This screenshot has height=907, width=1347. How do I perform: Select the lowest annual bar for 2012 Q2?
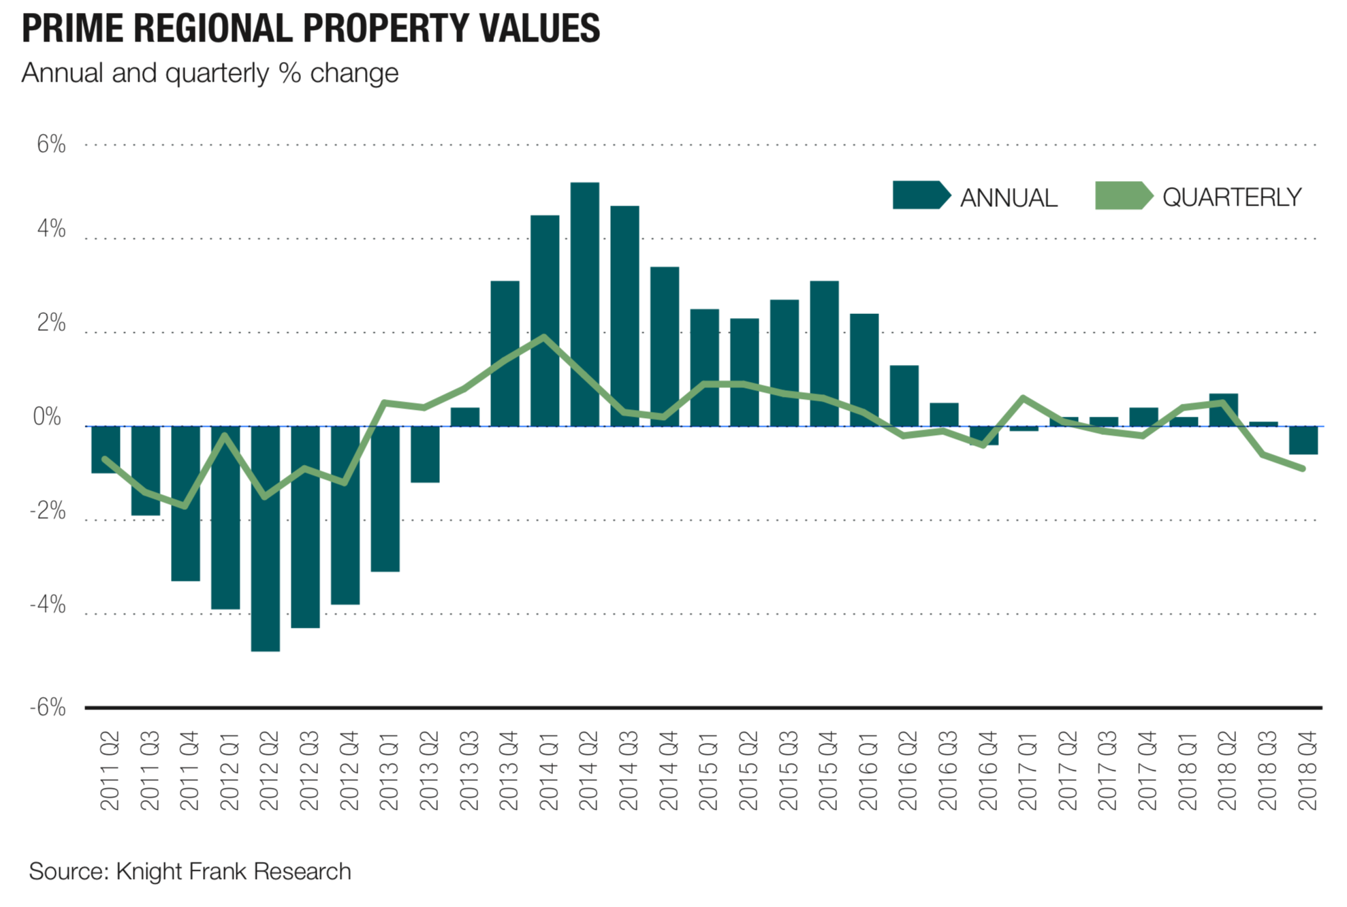[265, 538]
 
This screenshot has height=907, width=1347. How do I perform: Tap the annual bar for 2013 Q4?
[505, 353]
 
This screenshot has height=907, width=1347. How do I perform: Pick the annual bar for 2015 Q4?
[824, 353]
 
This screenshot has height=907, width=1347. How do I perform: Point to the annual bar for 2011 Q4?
[185, 503]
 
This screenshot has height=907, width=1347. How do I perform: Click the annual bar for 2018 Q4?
[1303, 440]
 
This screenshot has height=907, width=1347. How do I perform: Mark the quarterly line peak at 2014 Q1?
[544, 337]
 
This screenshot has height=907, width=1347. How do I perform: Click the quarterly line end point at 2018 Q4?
[1303, 468]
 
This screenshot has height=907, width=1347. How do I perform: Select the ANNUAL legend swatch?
[920, 195]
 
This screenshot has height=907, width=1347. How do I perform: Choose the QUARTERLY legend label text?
[1231, 197]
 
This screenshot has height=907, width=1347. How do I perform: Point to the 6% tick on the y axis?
[51, 144]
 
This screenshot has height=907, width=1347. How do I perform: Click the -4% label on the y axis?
[48, 605]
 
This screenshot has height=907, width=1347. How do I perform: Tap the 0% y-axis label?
[48, 417]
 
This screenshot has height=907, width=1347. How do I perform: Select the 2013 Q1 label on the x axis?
[388, 771]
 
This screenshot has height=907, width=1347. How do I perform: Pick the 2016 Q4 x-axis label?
[987, 771]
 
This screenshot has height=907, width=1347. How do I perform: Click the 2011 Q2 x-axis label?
[109, 771]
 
